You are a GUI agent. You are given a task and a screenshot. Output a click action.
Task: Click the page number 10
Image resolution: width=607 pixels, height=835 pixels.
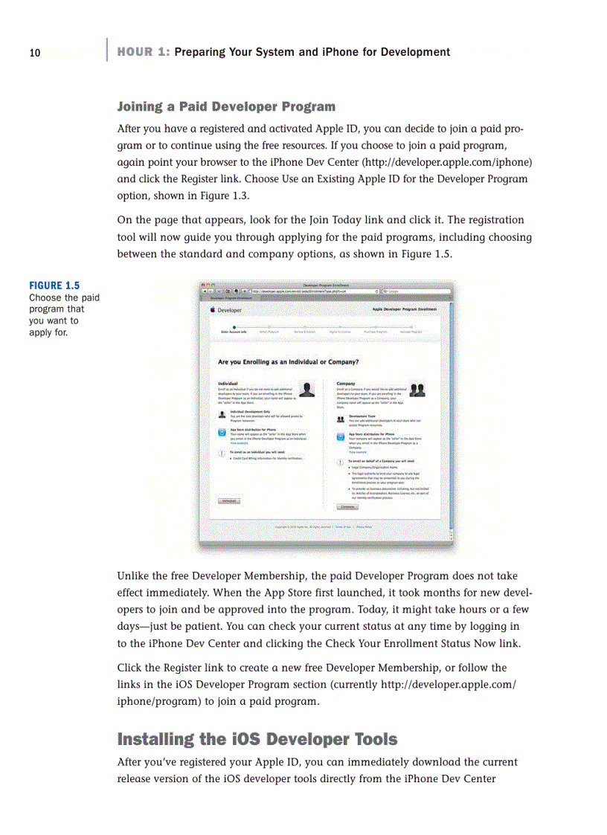click(34, 53)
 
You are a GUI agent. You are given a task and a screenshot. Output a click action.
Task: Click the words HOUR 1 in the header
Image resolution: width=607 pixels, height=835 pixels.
click(143, 52)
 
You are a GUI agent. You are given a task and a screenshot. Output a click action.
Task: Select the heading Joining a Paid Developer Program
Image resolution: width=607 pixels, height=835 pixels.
click(226, 106)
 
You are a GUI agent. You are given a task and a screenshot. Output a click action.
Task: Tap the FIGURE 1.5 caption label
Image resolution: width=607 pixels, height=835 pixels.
click(54, 286)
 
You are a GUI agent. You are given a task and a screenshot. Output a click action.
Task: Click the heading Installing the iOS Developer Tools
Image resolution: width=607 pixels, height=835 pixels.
click(257, 739)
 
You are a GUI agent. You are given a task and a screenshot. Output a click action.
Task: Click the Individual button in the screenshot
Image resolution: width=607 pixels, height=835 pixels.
click(229, 501)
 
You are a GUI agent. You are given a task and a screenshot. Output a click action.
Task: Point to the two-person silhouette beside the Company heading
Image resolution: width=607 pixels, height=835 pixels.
click(417, 390)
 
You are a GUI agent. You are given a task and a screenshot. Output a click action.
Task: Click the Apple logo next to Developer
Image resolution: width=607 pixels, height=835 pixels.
click(213, 309)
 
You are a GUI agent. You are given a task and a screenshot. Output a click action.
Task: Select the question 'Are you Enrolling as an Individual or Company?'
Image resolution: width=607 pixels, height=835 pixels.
click(289, 362)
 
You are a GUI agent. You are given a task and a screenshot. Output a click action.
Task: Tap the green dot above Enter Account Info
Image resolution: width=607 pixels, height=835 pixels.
click(234, 326)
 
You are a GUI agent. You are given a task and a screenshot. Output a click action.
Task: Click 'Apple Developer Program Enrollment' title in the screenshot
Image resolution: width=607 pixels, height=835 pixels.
click(404, 309)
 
